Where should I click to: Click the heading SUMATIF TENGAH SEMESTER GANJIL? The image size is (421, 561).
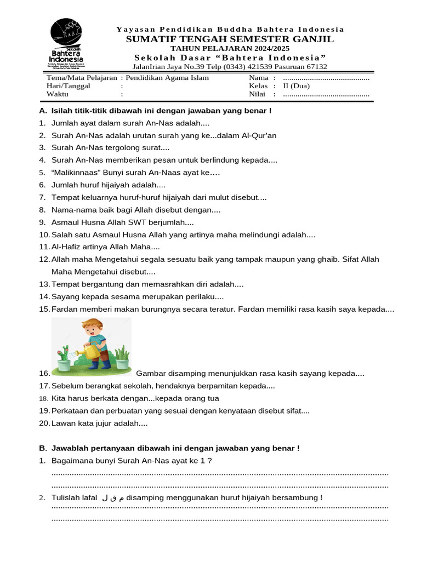(x=230, y=39)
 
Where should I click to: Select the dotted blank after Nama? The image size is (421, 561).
(x=326, y=78)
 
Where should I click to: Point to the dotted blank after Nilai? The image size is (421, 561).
(x=326, y=94)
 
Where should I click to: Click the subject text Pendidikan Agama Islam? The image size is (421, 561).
(x=167, y=78)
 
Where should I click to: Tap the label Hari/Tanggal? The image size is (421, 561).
(x=69, y=86)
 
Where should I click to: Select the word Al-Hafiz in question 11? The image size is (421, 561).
(x=66, y=247)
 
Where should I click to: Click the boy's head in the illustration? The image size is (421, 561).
(x=92, y=329)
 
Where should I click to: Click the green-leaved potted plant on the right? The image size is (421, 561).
(x=122, y=356)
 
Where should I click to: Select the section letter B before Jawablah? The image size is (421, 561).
(x=43, y=448)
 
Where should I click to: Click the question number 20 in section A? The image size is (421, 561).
(x=44, y=423)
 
